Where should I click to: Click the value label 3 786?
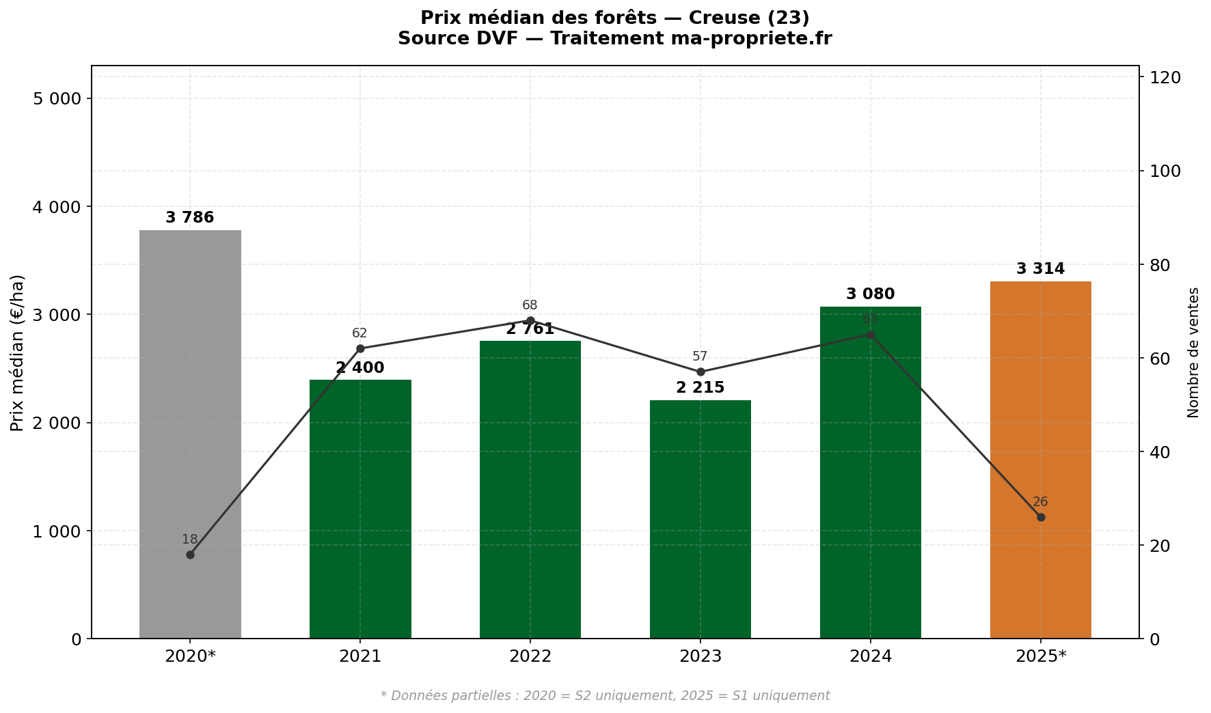pos(190,218)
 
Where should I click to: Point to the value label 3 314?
pos(1040,269)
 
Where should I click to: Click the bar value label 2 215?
pos(700,388)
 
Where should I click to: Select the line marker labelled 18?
pos(190,555)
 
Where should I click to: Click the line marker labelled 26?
pos(1040,517)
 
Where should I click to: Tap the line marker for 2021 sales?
pos(360,348)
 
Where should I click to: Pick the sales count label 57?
pos(700,356)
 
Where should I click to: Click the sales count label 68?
pos(530,305)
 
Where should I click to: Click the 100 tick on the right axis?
pos(1165,171)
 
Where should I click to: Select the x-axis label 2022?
pos(530,657)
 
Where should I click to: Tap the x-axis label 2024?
pos(870,657)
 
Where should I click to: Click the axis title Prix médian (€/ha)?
pos(18,352)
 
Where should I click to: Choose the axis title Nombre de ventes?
pos(1193,352)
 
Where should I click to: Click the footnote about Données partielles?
pos(605,696)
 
